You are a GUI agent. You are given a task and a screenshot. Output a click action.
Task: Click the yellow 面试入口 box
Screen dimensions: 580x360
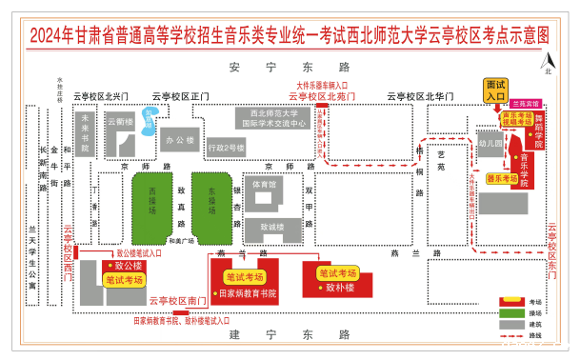(x=496, y=90)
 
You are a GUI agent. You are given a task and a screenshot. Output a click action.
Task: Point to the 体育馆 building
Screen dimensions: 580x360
(x=265, y=184)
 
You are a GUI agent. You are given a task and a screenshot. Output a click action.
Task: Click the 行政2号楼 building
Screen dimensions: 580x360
(x=226, y=148)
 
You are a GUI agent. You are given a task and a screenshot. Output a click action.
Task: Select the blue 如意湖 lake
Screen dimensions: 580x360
(x=149, y=119)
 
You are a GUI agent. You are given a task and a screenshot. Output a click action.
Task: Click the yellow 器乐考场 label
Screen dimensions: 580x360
(x=502, y=178)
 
